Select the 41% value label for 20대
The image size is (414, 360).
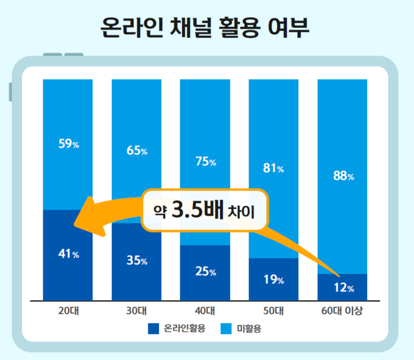coord(68,254)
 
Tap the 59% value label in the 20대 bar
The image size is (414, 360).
coord(68,144)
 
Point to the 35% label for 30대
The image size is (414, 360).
coord(137,261)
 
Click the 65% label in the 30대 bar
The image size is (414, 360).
coord(137,150)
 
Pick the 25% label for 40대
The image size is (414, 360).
coord(205,272)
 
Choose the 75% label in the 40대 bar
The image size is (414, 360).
coord(205,162)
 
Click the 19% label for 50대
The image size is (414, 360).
coord(274,279)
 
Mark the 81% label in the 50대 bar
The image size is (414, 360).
coord(274,169)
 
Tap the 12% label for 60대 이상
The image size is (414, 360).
coord(342,288)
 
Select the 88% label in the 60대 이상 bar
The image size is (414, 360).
coord(342,176)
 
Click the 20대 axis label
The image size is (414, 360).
coord(68,310)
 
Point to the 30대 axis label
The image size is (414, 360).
coord(137,310)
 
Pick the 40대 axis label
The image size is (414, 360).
coord(205,310)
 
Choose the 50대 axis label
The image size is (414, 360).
coord(274,310)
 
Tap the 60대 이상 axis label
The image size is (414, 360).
coord(342,310)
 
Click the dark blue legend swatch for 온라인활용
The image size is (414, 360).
coord(154,327)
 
